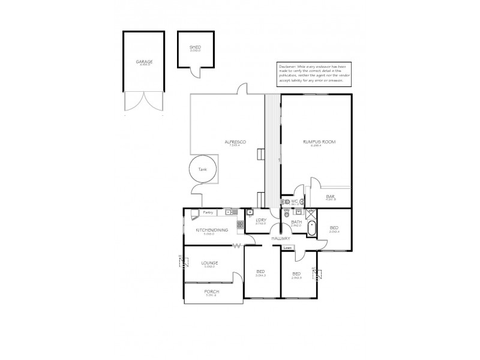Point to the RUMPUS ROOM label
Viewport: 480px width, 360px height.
pyautogui.click(x=319, y=142)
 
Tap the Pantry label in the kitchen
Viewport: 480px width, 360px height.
pyautogui.click(x=208, y=212)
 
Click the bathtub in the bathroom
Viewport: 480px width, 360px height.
pyautogui.click(x=311, y=229)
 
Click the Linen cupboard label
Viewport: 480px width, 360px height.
pyautogui.click(x=287, y=248)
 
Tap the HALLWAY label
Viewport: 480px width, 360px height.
pyautogui.click(x=280, y=238)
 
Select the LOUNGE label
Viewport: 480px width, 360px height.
pyautogui.click(x=209, y=263)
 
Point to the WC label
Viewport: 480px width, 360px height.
pyautogui.click(x=295, y=201)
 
